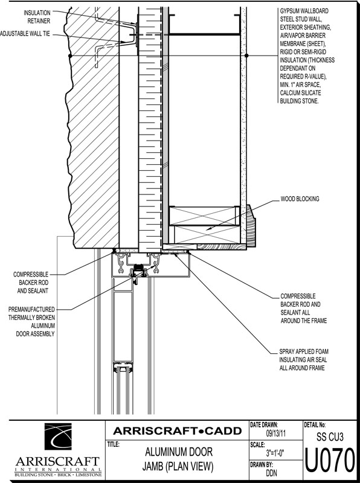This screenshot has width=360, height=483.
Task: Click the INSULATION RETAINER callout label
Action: pos(37,17)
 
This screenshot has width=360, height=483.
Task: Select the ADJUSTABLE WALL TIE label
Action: pos(25,34)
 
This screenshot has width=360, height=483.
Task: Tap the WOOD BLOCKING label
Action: pos(300,199)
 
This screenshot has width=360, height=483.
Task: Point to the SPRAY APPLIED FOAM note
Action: pos(304,359)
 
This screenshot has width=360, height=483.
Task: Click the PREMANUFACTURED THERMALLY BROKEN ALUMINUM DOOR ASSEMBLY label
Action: pos(31,321)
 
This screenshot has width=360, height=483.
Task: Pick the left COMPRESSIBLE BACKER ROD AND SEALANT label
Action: pos(31,282)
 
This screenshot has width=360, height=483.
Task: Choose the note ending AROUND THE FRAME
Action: pos(304,309)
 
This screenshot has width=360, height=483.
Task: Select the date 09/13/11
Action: pos(276,433)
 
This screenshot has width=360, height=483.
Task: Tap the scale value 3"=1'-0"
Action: pos(276,453)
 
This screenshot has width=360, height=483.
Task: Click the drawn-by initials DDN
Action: pos(271,473)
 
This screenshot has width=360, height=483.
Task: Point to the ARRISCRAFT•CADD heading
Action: pos(177,431)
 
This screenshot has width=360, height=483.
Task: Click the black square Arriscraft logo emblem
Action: pos(58,437)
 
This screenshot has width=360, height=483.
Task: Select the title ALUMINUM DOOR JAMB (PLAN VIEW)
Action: pos(178,459)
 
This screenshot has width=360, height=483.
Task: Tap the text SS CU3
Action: pos(330,437)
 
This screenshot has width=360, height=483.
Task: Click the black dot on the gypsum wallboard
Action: pos(246,56)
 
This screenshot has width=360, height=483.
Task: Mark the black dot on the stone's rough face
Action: pos(70,56)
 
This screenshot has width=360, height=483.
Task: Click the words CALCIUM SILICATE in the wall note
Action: pos(301,93)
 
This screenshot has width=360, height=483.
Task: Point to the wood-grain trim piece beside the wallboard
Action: pos(251,226)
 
